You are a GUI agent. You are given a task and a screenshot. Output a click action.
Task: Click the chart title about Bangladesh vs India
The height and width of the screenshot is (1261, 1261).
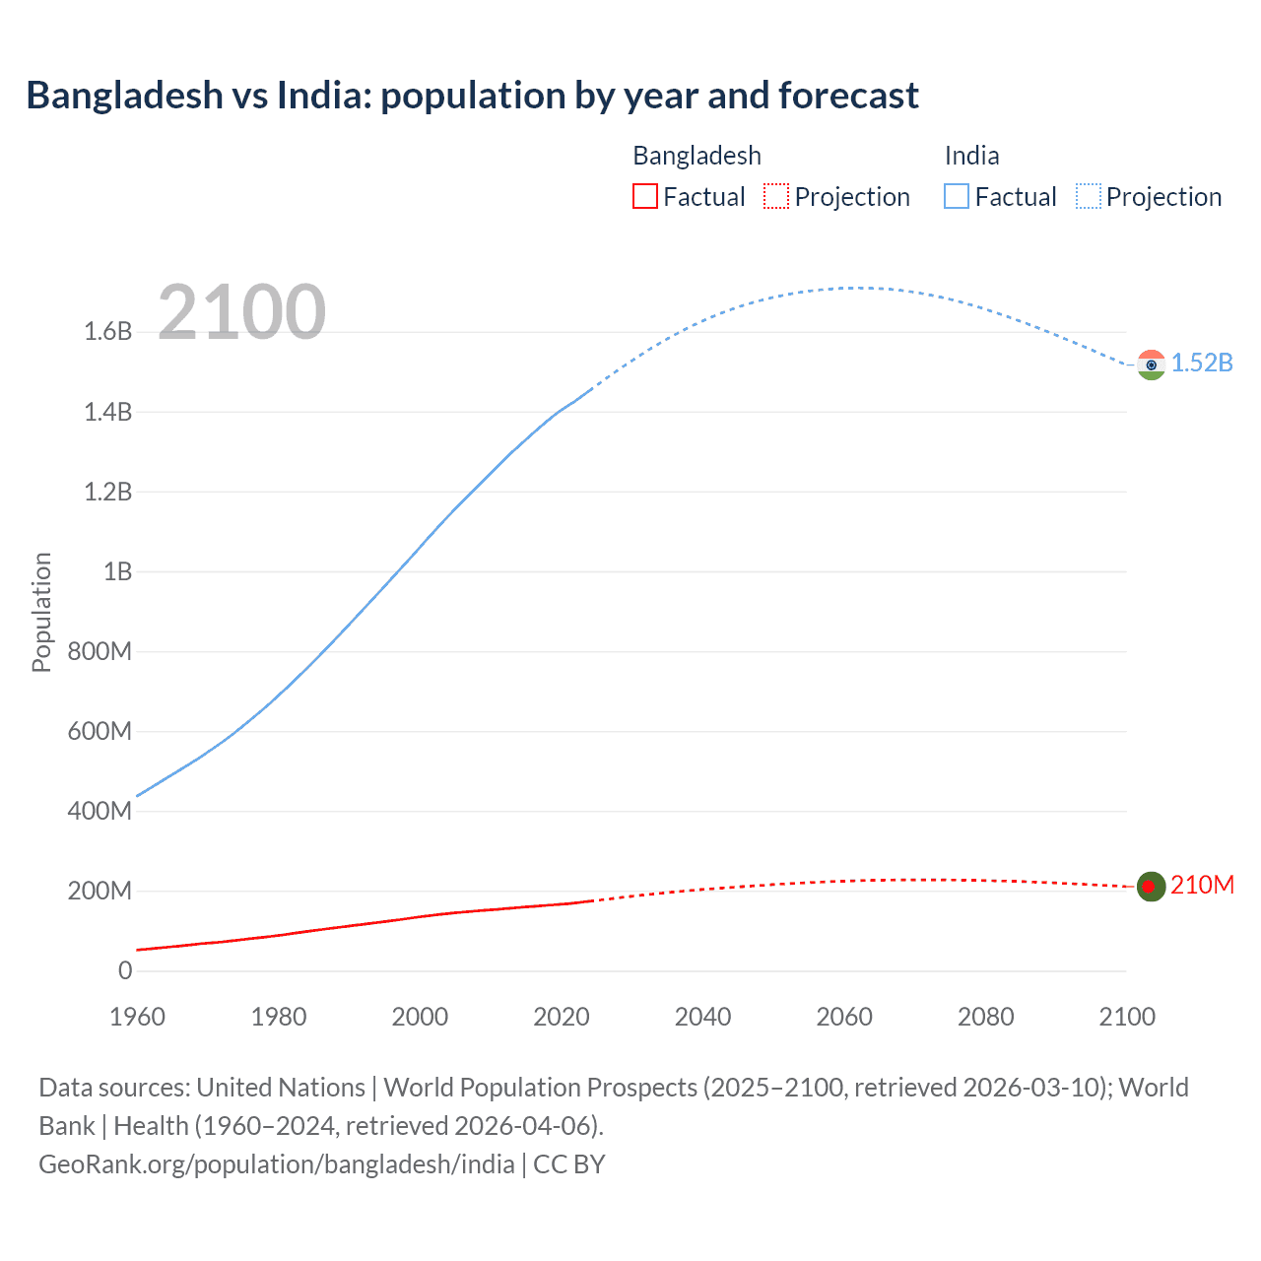point(472,96)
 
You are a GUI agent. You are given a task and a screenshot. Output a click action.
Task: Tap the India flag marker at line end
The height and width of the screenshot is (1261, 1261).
point(1151,365)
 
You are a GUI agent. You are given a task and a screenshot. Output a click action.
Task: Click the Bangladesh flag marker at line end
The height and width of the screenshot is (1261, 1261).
point(1151,887)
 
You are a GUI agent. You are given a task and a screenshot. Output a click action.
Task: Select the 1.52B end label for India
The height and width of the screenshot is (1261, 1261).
point(1202,364)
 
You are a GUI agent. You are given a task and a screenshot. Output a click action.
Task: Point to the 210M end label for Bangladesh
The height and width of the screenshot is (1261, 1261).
point(1202,886)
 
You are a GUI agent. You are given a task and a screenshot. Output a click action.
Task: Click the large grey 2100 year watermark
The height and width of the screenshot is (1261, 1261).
point(241,312)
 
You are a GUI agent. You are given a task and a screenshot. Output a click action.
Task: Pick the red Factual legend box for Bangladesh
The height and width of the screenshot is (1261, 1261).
point(645,197)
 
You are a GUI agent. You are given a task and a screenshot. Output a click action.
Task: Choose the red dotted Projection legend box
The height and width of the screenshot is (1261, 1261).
point(776,197)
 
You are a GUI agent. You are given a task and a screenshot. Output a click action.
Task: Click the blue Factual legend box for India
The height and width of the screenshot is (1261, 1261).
point(957,197)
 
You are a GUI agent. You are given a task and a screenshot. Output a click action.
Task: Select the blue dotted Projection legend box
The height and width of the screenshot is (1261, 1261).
point(1088,197)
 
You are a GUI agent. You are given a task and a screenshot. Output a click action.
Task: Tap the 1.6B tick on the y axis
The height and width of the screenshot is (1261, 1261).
point(108,332)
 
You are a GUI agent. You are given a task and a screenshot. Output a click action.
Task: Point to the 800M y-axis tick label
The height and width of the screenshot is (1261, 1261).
point(100,651)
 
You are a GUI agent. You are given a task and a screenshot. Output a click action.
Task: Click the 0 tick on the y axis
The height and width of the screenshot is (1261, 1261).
point(125,971)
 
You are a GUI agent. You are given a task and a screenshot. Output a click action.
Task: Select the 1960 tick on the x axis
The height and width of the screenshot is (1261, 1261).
point(137,1017)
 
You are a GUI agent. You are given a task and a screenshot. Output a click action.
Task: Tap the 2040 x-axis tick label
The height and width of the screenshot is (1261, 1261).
point(702,1017)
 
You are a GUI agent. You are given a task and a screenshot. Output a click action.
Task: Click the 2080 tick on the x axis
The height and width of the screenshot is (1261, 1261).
point(985,1017)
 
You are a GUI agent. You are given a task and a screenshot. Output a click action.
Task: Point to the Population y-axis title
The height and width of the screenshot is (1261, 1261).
point(41,612)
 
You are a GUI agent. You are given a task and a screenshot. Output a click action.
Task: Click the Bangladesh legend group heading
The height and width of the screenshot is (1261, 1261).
point(697,156)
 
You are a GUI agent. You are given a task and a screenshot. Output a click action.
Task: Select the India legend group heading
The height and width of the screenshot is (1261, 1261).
point(971,156)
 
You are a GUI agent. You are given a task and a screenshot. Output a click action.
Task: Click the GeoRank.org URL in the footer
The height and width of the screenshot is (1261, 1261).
point(277,1164)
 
